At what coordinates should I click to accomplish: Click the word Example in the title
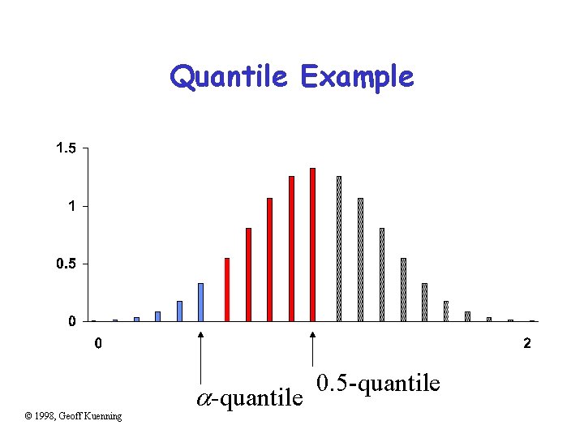357,78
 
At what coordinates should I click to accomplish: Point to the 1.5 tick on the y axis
66,148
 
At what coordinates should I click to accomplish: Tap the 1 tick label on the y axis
71,206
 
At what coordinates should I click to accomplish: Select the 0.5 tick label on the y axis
66,264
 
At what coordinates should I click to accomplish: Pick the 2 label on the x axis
527,343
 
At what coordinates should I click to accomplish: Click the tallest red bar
312,243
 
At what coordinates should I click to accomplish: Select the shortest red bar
227,290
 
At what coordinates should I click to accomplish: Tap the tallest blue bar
200,302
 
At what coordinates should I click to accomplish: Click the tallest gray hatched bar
339,248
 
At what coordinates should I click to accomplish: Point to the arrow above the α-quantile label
200,357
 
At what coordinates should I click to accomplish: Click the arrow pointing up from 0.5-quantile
312,357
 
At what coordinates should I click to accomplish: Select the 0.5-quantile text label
378,382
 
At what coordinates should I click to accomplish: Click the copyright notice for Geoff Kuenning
73,416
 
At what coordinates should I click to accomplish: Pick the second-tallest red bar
291,248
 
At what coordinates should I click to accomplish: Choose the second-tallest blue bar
179,311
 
